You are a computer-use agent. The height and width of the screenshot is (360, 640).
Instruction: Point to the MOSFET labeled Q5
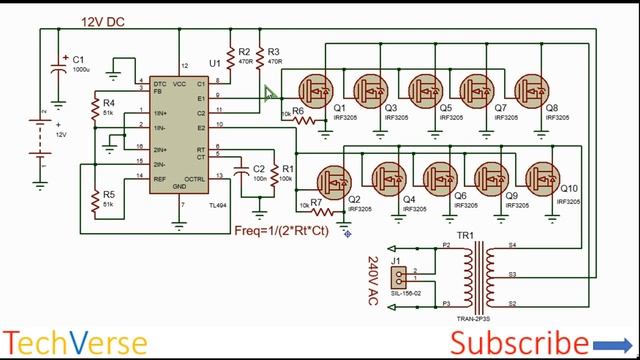[x=432, y=88]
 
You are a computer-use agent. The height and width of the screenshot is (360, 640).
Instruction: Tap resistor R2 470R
[x=231, y=52]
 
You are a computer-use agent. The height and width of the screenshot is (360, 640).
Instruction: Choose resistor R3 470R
[x=259, y=52]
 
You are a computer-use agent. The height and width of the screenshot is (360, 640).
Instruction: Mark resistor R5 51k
[x=95, y=198]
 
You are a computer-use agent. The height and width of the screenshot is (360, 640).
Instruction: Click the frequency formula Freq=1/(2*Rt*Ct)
[x=280, y=230]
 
